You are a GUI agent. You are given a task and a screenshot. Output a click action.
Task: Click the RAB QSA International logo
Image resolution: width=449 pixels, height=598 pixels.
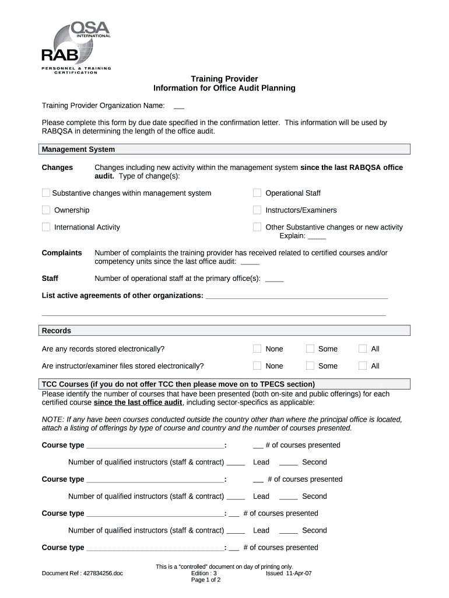click(75, 47)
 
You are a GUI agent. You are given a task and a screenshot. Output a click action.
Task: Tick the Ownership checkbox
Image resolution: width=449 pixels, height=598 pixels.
click(46, 210)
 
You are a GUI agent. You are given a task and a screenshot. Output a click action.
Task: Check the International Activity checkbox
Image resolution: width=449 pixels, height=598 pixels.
click(46, 227)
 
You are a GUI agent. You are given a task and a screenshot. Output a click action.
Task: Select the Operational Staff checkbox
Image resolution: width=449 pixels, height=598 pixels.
click(257, 193)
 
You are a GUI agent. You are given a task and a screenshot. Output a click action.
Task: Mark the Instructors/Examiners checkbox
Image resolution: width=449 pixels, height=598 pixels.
click(257, 210)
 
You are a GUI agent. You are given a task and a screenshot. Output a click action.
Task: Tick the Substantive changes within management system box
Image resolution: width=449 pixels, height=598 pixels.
click(46, 193)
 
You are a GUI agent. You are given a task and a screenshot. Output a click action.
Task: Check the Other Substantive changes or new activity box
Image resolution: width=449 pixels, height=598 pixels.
click(257, 227)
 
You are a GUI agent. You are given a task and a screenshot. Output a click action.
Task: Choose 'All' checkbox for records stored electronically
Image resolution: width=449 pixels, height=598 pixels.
click(363, 349)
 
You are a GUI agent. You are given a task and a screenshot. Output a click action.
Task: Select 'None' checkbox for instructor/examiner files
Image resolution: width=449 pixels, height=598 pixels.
click(257, 366)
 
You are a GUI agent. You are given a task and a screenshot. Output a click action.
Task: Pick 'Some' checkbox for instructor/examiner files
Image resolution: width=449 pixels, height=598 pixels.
click(310, 366)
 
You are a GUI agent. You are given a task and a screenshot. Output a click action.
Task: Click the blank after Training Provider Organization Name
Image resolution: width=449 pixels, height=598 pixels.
click(179, 106)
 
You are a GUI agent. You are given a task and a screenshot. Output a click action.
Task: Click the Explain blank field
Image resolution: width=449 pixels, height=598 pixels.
click(317, 237)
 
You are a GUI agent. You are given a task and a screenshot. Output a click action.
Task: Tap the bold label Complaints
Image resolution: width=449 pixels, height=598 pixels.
click(62, 253)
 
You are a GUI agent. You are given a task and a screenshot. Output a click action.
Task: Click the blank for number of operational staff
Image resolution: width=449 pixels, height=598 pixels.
click(273, 279)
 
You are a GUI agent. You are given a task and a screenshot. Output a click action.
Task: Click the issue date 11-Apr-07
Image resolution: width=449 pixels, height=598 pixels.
click(299, 573)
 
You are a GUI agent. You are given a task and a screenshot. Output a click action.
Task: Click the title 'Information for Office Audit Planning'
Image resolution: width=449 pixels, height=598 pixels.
click(224, 88)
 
